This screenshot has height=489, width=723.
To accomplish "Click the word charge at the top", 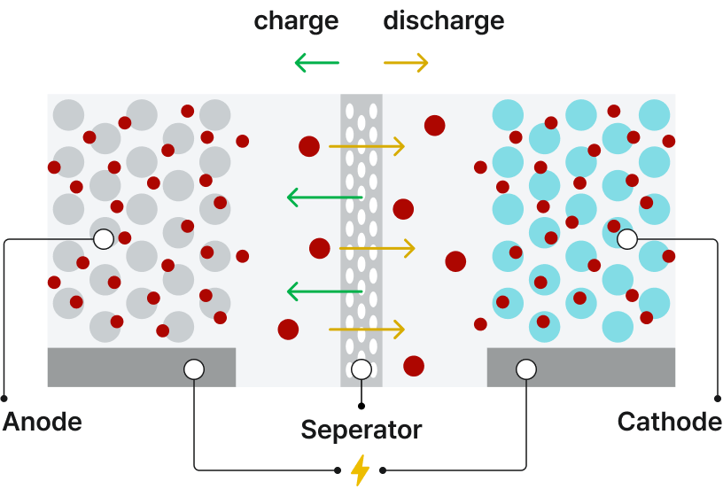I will tap(296, 20).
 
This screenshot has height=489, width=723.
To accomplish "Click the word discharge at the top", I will tap(444, 20).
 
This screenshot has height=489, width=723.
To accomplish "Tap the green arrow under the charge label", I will tap(316, 63).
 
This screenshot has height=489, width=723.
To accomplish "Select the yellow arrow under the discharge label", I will tap(406, 63).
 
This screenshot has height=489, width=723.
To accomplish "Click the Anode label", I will tap(42, 422).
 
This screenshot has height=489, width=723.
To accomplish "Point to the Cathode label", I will tap(669, 422).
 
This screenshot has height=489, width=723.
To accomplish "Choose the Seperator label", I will tap(361, 431).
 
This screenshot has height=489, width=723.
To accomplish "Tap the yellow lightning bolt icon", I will tap(360, 470).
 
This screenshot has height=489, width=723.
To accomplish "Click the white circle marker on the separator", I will tap(361, 369).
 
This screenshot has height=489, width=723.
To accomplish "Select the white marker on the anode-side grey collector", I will tap(194, 369).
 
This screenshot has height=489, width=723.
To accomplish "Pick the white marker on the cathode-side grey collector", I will tap(526, 369).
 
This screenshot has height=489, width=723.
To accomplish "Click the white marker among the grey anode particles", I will tap(104, 239).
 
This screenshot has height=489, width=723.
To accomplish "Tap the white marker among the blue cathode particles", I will tap(627, 239).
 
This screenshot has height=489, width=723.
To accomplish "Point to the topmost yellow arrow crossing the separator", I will tap(367, 146).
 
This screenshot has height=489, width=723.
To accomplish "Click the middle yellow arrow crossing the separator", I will tap(377, 249).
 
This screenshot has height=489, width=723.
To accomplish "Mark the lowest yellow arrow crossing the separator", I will tap(367, 330).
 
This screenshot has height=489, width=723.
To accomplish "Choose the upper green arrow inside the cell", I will tap(324, 198).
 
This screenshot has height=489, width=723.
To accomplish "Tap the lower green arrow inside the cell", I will tap(324, 291).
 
